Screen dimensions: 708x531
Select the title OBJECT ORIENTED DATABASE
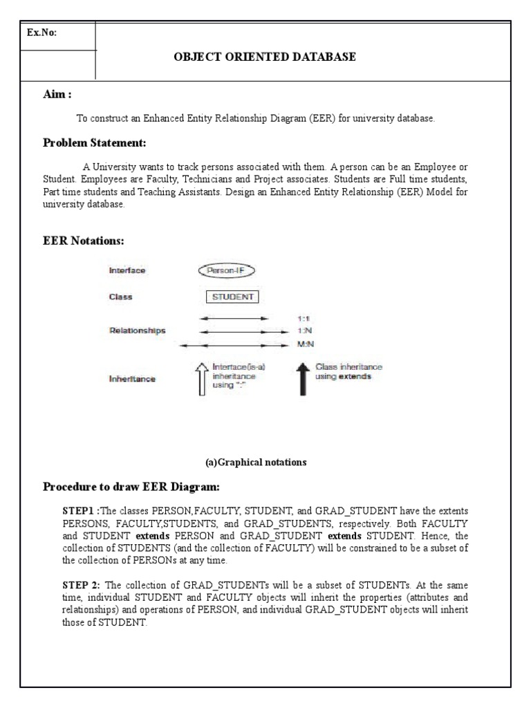[x=265, y=57]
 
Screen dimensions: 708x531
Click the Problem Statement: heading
[x=94, y=143]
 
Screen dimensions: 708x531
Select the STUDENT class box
[x=232, y=297]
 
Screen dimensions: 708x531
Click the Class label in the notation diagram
[x=120, y=297]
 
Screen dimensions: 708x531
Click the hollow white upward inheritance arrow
[x=202, y=378]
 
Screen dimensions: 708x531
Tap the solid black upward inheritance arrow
[x=302, y=378]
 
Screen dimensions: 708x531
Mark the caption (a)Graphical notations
[x=265, y=462]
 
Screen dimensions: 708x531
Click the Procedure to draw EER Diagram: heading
[x=131, y=487]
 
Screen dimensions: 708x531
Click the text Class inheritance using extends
[x=348, y=372]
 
